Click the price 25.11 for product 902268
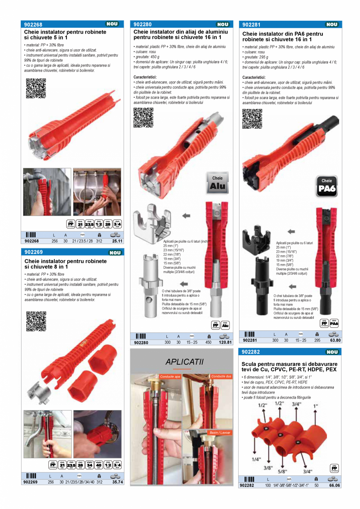coord(117,241)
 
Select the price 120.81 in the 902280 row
coord(225,342)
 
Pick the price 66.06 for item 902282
coord(335,485)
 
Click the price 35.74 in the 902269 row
coord(117,482)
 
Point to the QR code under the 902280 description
coord(143,117)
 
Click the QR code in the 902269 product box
coord(36,321)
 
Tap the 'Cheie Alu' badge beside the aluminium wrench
coord(217,183)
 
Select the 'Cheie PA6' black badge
coord(327,186)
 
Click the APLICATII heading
coord(184,362)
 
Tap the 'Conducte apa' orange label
coord(170,376)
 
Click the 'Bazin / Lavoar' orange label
coord(220,433)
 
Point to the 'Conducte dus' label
coord(221,376)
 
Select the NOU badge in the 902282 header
coord(332,352)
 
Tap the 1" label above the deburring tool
coord(315,406)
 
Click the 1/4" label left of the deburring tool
coord(256,459)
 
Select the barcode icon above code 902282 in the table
coord(249,479)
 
